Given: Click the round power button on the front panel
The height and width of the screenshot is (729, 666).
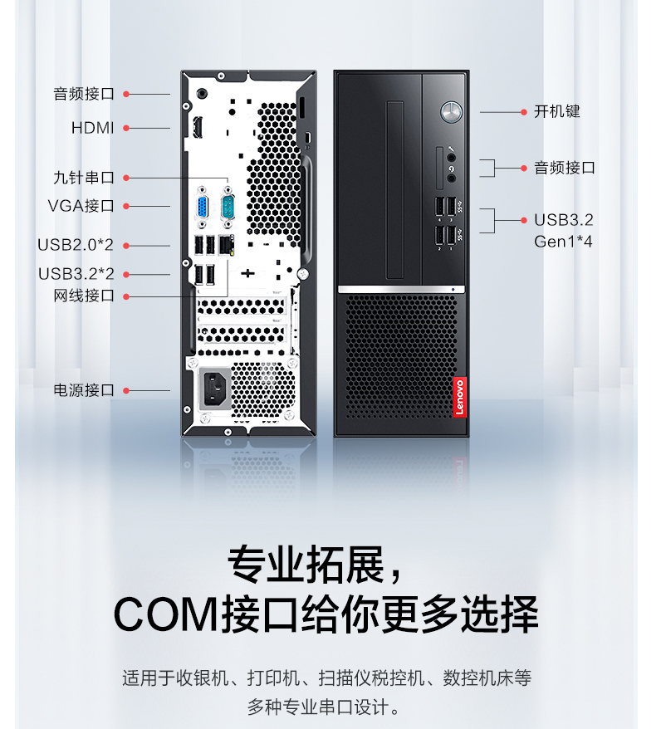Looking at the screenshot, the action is click(x=451, y=112).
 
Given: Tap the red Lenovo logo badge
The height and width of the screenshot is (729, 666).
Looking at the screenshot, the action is click(x=459, y=397).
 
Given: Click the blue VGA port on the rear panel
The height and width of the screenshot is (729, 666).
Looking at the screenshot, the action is click(x=203, y=207).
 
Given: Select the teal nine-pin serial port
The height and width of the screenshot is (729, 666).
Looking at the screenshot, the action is click(x=228, y=207).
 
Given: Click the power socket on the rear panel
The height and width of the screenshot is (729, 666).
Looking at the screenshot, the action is click(x=215, y=389).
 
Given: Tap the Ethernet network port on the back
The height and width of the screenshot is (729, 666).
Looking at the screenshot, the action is click(x=226, y=245).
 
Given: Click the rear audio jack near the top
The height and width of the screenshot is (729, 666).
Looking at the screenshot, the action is click(x=202, y=94).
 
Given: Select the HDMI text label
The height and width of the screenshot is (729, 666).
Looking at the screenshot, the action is click(x=92, y=127).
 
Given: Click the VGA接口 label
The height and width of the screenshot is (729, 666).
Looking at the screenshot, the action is click(x=81, y=205).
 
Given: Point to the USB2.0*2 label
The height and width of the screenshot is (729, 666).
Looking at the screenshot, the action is click(x=76, y=245).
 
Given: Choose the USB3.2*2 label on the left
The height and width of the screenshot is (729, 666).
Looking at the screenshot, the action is click(x=76, y=274).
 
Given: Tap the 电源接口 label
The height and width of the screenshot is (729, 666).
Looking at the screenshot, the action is click(x=84, y=390).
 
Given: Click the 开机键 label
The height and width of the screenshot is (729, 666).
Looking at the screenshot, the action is click(x=557, y=111).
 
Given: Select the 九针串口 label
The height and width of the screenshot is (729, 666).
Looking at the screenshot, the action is click(x=84, y=178).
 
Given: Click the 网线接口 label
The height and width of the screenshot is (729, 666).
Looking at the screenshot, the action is click(x=84, y=296).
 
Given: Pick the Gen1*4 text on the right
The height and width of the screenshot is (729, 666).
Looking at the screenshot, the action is click(x=563, y=242).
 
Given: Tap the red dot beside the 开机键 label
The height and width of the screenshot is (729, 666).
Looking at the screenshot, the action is click(x=524, y=112).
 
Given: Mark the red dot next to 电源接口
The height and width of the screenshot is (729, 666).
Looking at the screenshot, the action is click(x=126, y=390).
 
